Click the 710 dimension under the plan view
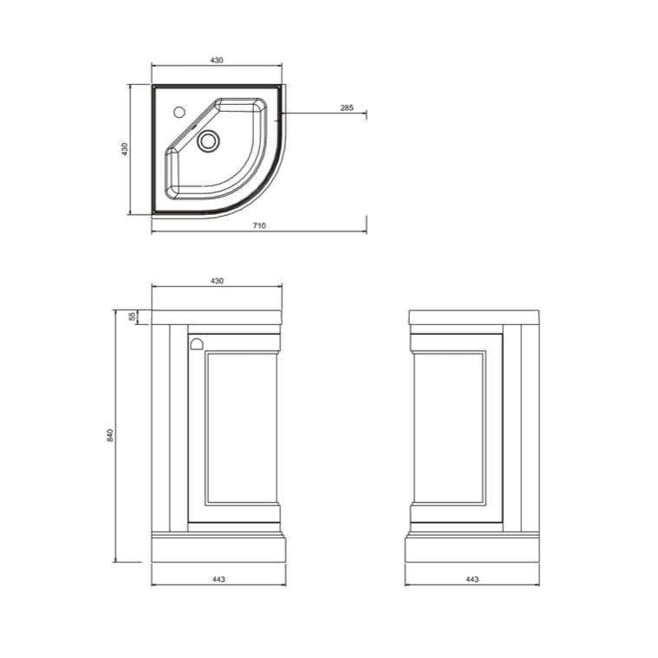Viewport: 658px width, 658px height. (259, 225)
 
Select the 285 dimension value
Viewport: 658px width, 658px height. (346, 107)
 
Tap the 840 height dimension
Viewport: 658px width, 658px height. (110, 434)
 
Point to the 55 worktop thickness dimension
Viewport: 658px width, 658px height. (133, 317)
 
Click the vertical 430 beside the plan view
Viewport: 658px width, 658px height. (125, 149)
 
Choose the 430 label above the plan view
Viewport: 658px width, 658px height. (217, 60)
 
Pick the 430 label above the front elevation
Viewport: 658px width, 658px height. (217, 281)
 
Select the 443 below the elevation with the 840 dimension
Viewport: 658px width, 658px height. (218, 579)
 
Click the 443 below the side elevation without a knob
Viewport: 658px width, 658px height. (472, 579)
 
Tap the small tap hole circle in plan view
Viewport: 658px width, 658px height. (179, 112)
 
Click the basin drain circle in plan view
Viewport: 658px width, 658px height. (208, 141)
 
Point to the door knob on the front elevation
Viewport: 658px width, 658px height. (195, 342)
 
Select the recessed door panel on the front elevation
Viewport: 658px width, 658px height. (241, 427)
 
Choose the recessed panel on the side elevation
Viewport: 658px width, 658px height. (449, 427)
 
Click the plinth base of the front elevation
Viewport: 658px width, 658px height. (218, 548)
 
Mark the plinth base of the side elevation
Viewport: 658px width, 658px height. (472, 548)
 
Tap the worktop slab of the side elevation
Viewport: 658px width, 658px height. (473, 317)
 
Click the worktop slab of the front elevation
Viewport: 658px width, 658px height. (217, 317)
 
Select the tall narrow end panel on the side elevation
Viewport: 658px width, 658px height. (520, 427)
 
